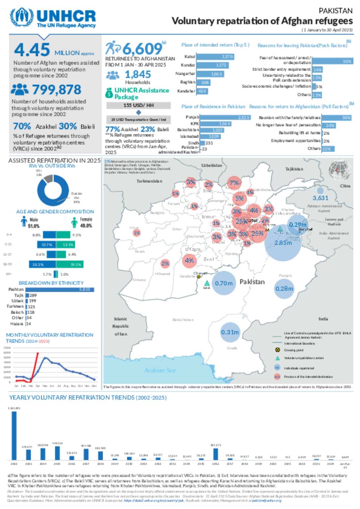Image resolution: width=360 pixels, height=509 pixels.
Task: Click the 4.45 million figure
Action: pyautogui.click(x=32, y=50)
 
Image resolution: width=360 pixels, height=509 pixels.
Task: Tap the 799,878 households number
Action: pyautogui.click(x=57, y=90)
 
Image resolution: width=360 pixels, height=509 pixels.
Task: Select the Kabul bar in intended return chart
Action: pyautogui.click(x=215, y=57)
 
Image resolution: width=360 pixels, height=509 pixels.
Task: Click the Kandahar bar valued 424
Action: pyautogui.click(x=202, y=91)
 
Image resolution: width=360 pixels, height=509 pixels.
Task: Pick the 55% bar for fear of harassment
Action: pyautogui.click(x=332, y=61)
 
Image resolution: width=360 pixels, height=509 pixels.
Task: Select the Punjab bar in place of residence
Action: pyautogui.click(x=225, y=117)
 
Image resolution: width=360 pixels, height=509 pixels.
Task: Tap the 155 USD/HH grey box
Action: pyautogui.click(x=139, y=105)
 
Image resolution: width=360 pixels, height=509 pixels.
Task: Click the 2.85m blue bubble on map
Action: pyautogui.click(x=283, y=243)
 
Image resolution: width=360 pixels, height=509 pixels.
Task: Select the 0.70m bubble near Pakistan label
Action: pyautogui.click(x=224, y=283)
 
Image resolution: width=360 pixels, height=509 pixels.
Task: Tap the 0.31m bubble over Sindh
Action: pyautogui.click(x=230, y=332)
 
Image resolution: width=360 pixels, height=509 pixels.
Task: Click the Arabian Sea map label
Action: pyautogui.click(x=160, y=370)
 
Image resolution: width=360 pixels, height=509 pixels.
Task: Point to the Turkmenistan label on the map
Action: pyautogui.click(x=149, y=181)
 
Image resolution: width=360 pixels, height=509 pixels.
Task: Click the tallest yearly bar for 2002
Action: pyautogui.click(x=14, y=436)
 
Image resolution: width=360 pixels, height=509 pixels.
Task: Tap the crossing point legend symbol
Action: pyautogui.click(x=277, y=350)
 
